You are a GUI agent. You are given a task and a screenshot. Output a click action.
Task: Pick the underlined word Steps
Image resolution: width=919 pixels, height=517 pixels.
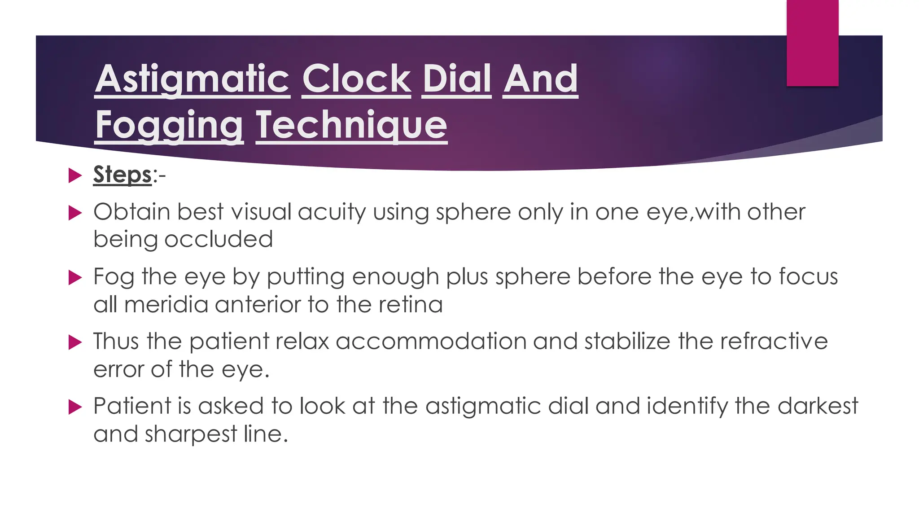click(122, 175)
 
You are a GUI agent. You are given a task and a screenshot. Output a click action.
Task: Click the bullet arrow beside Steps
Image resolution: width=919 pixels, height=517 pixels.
click(74, 175)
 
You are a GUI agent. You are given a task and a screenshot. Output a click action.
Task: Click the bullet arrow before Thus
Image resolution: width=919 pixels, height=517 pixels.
click(74, 342)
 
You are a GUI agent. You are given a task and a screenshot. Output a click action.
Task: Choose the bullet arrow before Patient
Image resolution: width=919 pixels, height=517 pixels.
click(74, 407)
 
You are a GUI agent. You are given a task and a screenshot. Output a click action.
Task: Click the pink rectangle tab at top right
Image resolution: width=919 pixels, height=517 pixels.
click(812, 43)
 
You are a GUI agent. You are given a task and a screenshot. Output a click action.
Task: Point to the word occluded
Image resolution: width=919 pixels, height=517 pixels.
click(219, 239)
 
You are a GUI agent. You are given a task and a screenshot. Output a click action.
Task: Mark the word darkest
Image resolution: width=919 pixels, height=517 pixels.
click(818, 406)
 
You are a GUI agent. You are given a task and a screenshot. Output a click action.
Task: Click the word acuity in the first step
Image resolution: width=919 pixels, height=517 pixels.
click(332, 212)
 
